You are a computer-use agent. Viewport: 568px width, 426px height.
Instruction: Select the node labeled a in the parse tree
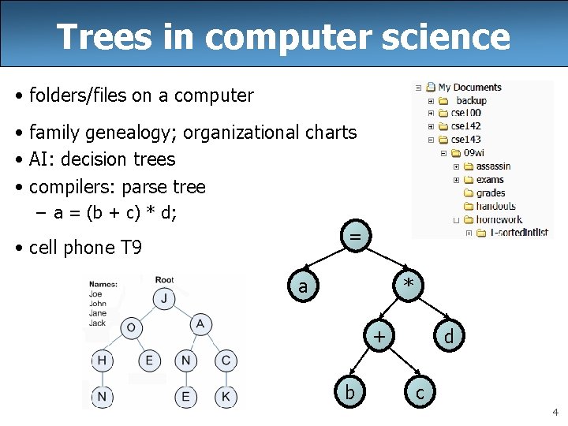pos(304,286)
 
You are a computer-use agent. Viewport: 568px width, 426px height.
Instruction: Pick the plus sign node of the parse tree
pos(380,337)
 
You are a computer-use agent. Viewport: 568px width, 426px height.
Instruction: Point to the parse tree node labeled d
pos(448,337)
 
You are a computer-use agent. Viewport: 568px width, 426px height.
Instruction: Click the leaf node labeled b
pos(349,391)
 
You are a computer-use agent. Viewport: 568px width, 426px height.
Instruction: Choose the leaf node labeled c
pos(420,391)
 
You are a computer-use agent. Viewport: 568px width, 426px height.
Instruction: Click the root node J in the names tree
pos(164,298)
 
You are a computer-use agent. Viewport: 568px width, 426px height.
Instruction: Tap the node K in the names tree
pos(226,396)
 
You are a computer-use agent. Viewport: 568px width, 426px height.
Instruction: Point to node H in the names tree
pos(103,361)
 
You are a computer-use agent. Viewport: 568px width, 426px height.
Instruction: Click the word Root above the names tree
pos(165,280)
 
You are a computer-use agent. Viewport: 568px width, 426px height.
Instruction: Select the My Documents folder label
pos(469,88)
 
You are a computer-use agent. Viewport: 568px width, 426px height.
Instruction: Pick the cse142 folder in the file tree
pos(465,126)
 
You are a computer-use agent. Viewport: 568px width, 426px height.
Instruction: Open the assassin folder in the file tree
pos(493,166)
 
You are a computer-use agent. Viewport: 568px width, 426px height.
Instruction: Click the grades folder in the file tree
pos(490,193)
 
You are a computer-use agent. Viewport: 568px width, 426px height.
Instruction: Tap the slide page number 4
pos(555,412)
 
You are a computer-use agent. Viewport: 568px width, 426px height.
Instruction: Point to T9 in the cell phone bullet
pos(130,248)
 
